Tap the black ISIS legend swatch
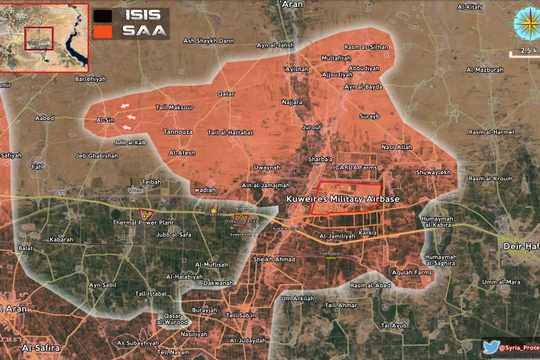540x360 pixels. pos(103,16)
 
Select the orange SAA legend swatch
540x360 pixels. pos(103,31)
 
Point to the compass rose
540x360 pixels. pos(524,21)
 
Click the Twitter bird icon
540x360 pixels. pos(491,347)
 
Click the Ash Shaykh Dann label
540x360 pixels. pos(207,41)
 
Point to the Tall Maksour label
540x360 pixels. pos(173,107)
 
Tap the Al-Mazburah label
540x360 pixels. pos(484,69)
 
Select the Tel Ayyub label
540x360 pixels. pos(397,325)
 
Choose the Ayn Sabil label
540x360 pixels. pos(103,284)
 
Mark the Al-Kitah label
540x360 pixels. pos(473,7)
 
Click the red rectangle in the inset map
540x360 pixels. pos(39,37)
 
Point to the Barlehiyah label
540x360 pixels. pos(89,77)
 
